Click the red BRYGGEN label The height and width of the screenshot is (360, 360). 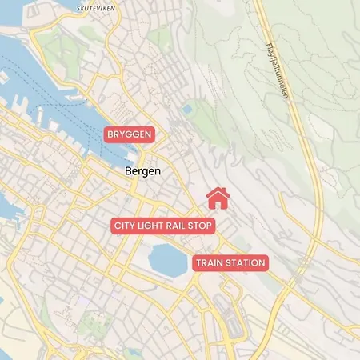[x=129, y=134]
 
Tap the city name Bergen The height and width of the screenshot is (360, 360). [x=143, y=171]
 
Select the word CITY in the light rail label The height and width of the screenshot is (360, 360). [x=125, y=226]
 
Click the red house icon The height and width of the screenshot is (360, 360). [x=218, y=198]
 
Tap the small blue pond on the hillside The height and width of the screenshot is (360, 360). [x=187, y=108]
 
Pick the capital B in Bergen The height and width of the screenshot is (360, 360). [x=130, y=171]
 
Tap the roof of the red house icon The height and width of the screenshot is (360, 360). [x=218, y=192]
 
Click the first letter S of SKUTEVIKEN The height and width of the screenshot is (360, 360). [x=79, y=9]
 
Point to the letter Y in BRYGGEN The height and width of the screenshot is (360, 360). [x=122, y=134]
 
